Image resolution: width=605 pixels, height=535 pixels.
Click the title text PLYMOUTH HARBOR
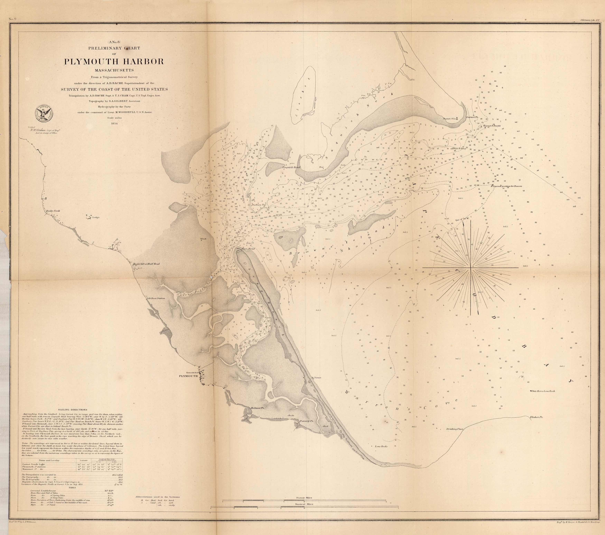coord(114,62)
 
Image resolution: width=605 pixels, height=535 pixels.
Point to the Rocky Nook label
coord(53,211)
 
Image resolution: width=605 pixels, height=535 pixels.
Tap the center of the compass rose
coord(471,267)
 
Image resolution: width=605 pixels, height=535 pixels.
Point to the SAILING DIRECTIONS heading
coord(73,410)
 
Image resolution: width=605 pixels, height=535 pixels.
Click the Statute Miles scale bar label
coord(304,498)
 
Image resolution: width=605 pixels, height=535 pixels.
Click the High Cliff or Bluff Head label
coord(146,264)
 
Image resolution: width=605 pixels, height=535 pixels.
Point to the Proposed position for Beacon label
coord(506,186)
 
